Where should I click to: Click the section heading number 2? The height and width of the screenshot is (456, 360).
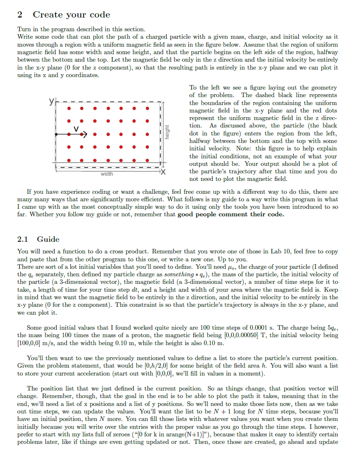coord(20,15)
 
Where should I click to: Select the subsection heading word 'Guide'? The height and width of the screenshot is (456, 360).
coord(48,239)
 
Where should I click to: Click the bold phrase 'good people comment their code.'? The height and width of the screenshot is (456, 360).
coord(231,214)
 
